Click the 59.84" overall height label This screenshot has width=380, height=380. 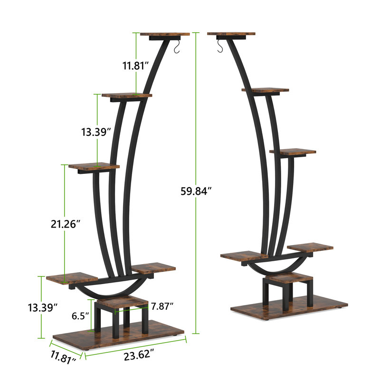pyautogui.click(x=196, y=191)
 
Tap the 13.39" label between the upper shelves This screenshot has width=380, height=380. pyautogui.click(x=95, y=132)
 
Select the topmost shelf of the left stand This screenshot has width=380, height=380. pyautogui.click(x=165, y=34)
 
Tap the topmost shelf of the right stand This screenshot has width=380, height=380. pyautogui.click(x=231, y=34)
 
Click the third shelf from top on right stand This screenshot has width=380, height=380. pyautogui.click(x=293, y=152)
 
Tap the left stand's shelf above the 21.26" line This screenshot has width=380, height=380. pyautogui.click(x=94, y=167)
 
